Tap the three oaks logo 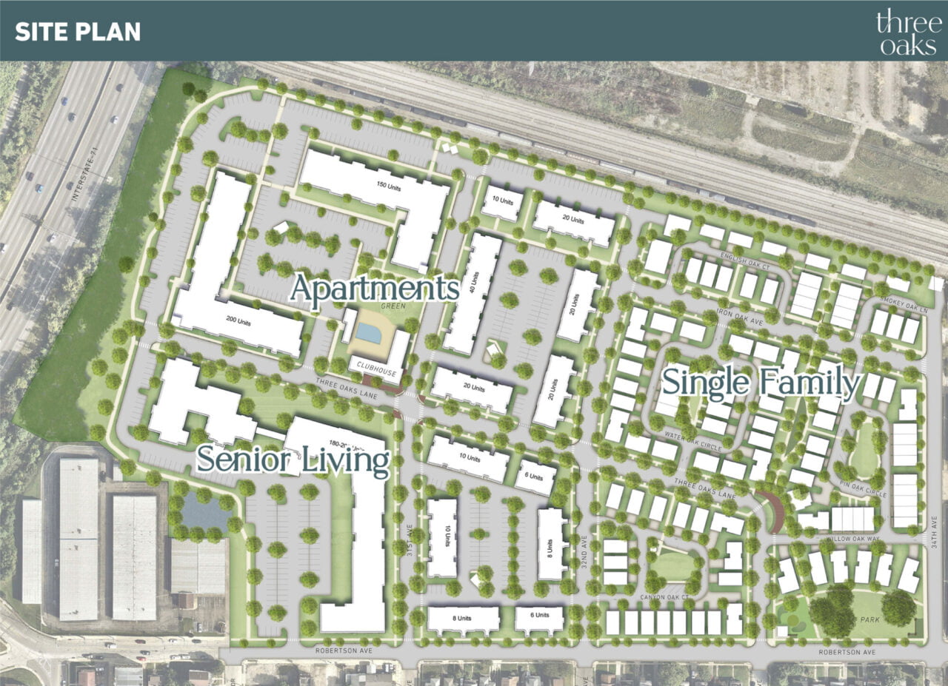click(x=904, y=32)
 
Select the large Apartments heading click(x=374, y=288)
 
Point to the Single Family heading click(x=761, y=383)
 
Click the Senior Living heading click(x=293, y=460)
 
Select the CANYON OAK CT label click(x=665, y=596)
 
